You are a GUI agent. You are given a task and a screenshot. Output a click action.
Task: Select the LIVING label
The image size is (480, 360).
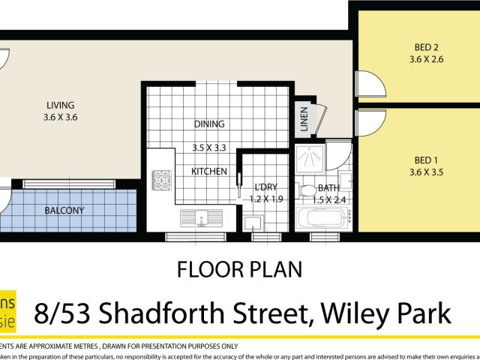61,106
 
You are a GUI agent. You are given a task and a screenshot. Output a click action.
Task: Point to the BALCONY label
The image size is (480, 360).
64,211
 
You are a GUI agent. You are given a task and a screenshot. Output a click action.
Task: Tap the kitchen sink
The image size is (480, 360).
202,219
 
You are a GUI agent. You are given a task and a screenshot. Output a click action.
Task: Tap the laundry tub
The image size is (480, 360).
253,221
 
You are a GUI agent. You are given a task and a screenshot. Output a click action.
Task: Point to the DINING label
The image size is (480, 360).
209,124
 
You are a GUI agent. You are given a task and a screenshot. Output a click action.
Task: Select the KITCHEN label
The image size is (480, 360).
209,172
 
